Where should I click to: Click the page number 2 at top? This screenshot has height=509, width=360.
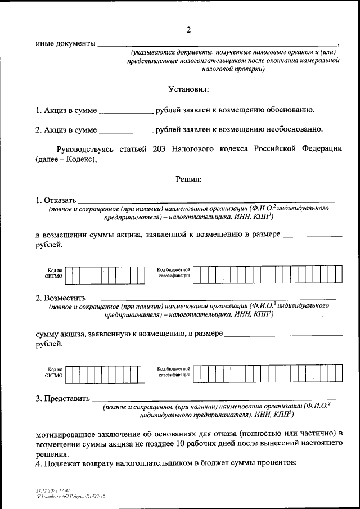pos(189,30)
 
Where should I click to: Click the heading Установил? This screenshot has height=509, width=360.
pos(188,90)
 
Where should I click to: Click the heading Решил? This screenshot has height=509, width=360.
pos(188,179)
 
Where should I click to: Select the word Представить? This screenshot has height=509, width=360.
pos(66,399)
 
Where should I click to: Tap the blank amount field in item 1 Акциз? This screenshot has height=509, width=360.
pos(125,110)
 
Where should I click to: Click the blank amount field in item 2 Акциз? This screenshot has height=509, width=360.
pos(125,130)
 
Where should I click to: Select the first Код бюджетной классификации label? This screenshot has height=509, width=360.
pos(175,274)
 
